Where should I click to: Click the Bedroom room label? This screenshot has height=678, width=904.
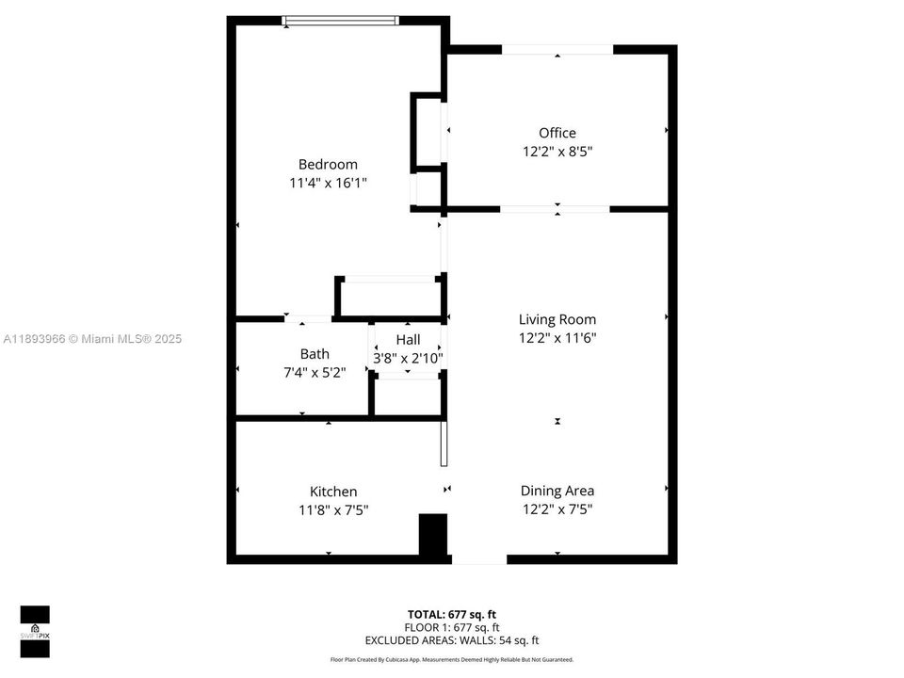tap(328, 164)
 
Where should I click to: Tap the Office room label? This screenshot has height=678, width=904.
tap(557, 133)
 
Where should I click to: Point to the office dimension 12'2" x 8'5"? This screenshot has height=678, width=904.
tap(557, 151)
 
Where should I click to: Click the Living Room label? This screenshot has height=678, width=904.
tap(557, 319)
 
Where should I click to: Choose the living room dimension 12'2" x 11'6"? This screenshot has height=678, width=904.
tap(557, 338)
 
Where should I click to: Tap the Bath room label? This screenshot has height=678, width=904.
tap(315, 354)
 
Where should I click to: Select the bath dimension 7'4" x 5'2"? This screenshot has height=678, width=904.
tap(315, 373)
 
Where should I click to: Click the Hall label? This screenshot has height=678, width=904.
tap(408, 339)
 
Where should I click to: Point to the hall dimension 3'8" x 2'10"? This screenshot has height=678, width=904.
tap(408, 358)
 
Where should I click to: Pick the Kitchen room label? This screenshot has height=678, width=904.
tap(333, 492)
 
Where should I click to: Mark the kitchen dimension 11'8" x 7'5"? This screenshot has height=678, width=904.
tap(333, 510)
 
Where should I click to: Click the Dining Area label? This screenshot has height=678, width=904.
tap(557, 491)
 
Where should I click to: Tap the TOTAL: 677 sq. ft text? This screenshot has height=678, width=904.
tap(452, 614)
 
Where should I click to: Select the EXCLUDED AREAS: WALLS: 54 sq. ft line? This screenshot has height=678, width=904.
tap(452, 640)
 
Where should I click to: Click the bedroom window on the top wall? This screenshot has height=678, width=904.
tap(341, 20)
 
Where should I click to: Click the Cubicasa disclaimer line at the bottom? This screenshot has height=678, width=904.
tap(452, 660)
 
